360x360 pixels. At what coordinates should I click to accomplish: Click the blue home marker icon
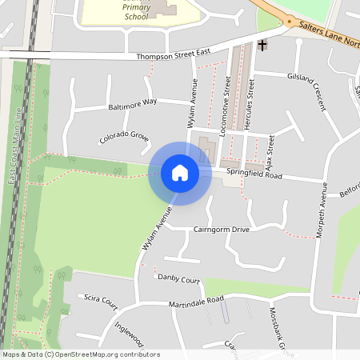179,173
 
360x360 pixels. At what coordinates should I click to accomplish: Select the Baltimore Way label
133,105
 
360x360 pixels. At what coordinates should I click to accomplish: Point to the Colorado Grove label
124,138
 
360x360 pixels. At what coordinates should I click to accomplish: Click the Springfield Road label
254,174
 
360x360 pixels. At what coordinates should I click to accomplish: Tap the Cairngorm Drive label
222,230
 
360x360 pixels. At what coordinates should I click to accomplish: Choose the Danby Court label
178,280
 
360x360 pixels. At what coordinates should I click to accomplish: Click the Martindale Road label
196,302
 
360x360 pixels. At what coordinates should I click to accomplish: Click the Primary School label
136,11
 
